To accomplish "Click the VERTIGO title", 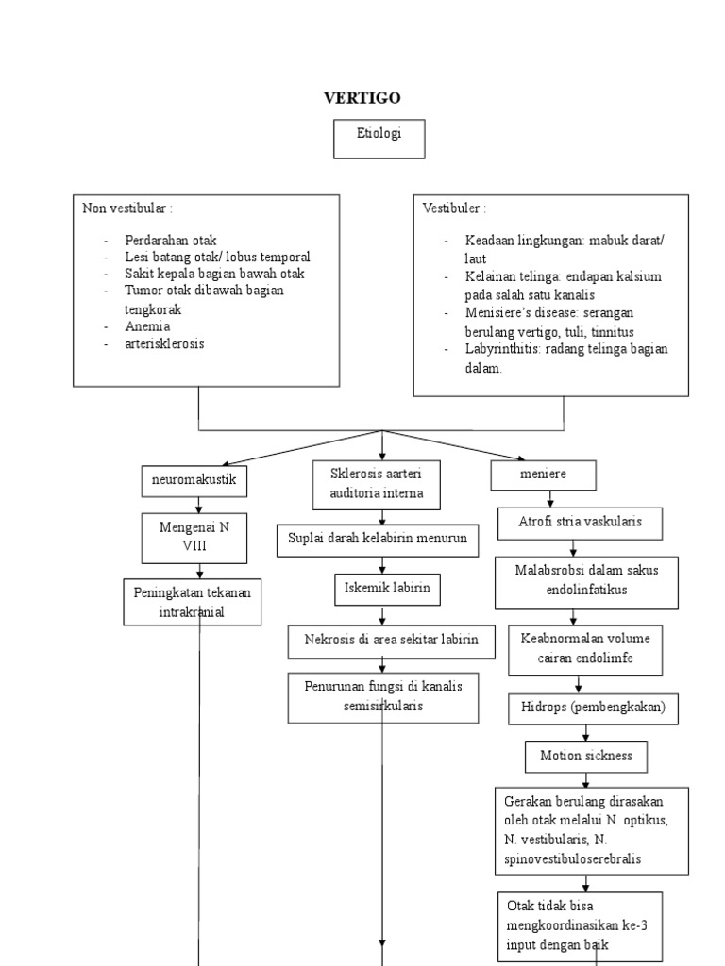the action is (362, 98).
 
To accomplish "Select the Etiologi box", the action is (379, 140).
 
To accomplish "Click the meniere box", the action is (543, 475).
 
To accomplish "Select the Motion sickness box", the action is (586, 758).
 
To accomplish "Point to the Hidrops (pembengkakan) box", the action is (593, 709).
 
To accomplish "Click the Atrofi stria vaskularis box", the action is (581, 524).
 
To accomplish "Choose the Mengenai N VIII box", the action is (194, 538).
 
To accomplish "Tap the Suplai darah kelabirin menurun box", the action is (378, 541).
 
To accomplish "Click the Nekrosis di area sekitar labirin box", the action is (392, 641).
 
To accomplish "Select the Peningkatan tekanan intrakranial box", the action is (193, 602).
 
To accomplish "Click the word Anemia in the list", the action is (147, 326).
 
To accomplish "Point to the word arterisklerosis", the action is (164, 343).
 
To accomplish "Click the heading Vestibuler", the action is (454, 208).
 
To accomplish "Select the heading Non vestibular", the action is (127, 208).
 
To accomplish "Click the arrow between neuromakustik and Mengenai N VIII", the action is (198, 506).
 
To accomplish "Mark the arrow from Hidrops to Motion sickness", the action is (585, 733).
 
